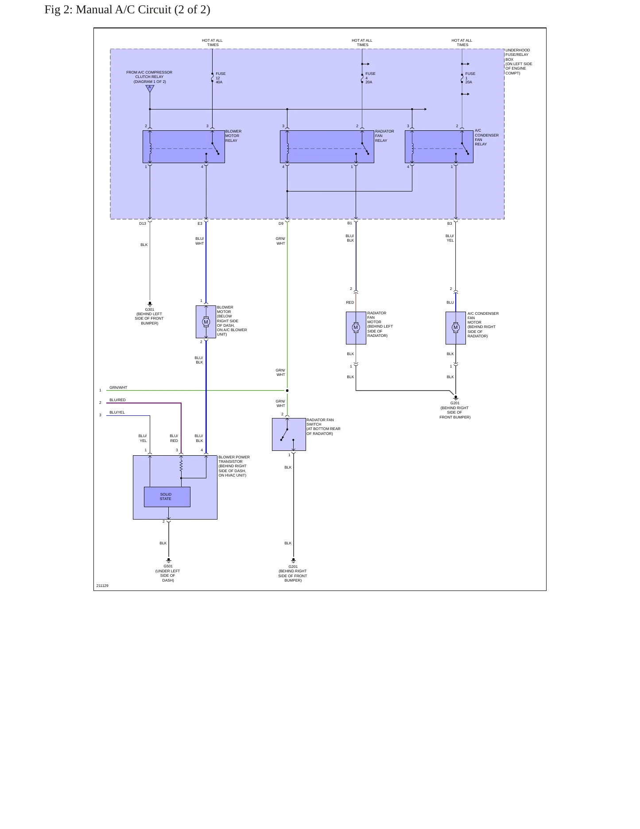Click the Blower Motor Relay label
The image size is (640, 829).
233,136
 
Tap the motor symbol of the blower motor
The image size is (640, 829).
206,322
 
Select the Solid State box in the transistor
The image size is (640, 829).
167,497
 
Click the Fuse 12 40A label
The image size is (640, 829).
221,78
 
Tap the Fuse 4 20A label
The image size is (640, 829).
370,78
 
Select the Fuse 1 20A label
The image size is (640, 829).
470,78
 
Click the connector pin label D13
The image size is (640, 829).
143,223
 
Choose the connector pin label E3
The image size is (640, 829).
200,223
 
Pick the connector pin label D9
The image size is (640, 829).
281,223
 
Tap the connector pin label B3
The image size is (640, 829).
450,223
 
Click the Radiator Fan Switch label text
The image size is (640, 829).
323,426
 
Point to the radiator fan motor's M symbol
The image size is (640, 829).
356,328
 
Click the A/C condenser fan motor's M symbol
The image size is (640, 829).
455,328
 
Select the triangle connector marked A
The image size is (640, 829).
150,88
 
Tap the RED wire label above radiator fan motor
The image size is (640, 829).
350,302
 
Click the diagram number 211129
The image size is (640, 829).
102,586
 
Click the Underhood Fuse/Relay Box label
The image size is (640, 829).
519,62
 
